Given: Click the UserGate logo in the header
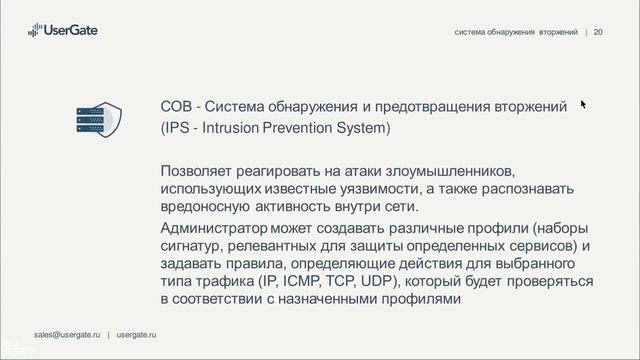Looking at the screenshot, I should (x=60, y=31).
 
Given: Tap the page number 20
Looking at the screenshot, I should (x=598, y=32).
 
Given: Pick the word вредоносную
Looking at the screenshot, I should (x=209, y=206).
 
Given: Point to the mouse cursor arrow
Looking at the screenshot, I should (x=582, y=102).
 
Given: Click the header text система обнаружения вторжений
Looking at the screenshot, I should (x=516, y=32).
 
